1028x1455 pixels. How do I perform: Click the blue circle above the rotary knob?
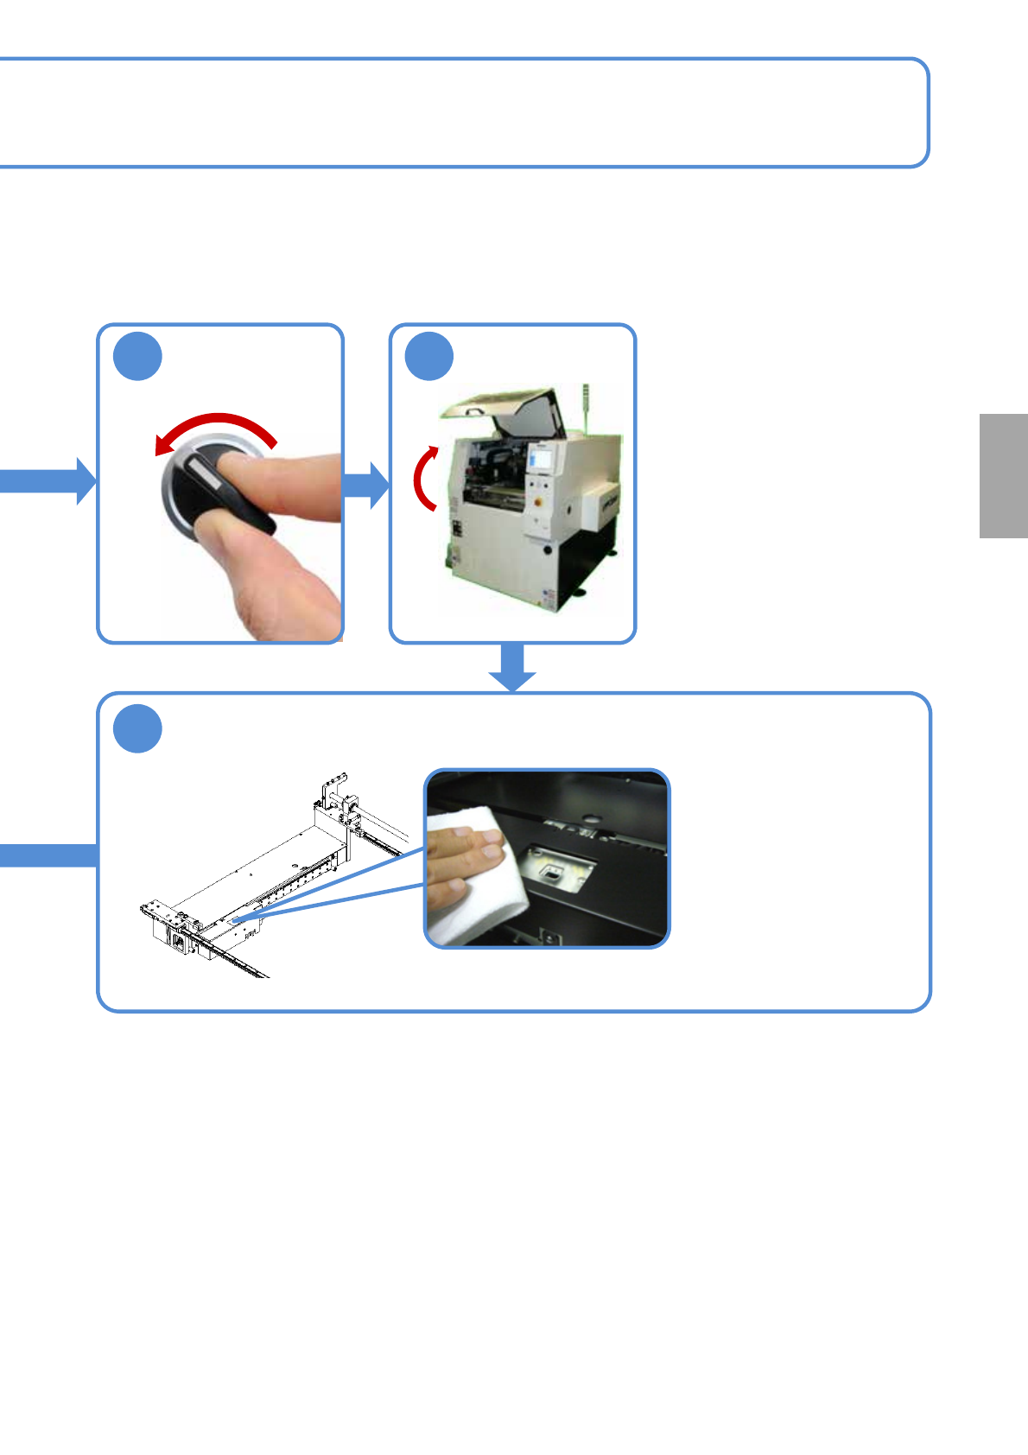(138, 356)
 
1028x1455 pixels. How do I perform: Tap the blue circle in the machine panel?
(429, 356)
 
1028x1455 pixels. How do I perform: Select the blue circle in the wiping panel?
(138, 728)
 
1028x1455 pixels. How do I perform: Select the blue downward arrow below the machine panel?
(512, 667)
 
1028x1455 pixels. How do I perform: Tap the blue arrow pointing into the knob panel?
(48, 481)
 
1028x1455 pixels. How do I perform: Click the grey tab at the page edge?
(1003, 476)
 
